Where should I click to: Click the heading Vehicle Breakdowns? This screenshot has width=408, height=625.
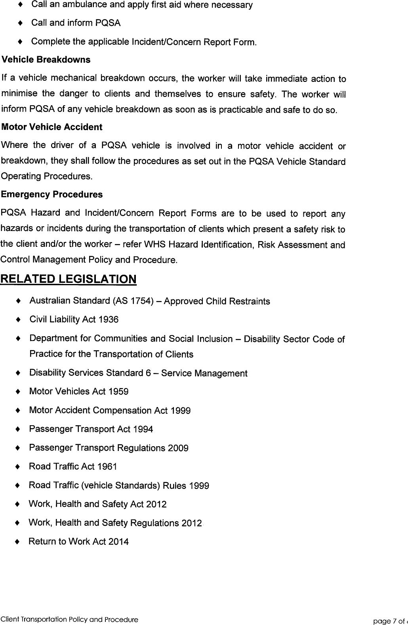coord(46,60)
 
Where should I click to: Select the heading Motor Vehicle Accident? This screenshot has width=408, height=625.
coord(51,127)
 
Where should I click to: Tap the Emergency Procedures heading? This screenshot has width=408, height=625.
coord(51,195)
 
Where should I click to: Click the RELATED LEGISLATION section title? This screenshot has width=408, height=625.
coord(69,279)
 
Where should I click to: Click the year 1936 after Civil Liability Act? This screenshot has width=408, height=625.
coord(108,320)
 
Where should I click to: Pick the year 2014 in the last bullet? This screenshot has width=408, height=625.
coord(118,542)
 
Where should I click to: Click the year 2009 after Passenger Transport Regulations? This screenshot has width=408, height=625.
coord(178,448)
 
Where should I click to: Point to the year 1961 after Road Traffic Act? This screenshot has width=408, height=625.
coord(107,467)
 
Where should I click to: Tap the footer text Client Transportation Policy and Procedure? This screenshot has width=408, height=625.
coord(69,620)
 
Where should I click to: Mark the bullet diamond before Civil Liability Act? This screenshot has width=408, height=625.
coord(18,320)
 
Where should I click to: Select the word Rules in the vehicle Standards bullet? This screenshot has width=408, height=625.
coord(175,486)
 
